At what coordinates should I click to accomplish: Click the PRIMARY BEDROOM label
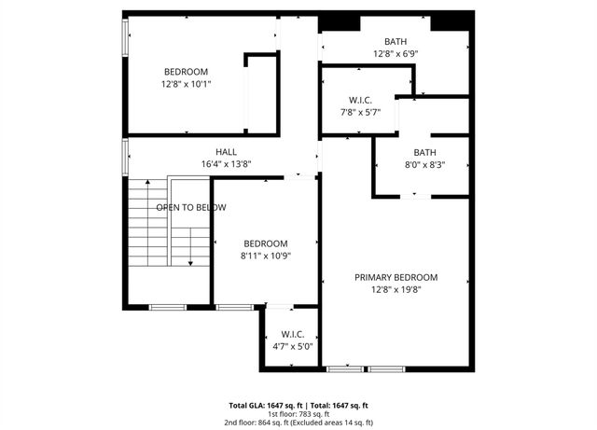(x=396, y=277)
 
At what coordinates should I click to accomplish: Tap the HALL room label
(x=226, y=152)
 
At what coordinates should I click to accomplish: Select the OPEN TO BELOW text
(x=190, y=207)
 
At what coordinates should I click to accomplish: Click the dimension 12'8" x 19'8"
(x=396, y=289)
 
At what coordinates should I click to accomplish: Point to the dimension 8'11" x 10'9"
(x=266, y=256)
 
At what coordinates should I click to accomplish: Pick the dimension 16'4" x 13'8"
(x=226, y=164)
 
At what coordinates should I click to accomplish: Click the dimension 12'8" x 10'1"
(x=186, y=84)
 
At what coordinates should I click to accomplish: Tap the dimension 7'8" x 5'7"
(x=360, y=112)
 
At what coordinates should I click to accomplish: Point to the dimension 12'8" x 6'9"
(x=395, y=53)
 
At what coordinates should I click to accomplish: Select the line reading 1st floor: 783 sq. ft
(x=298, y=415)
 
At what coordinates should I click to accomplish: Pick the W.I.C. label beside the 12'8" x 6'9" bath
(x=360, y=100)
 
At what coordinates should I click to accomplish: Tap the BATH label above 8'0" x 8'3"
(x=425, y=153)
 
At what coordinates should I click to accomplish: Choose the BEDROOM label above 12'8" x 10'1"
(x=186, y=72)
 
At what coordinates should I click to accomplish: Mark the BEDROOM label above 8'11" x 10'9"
(x=266, y=243)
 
